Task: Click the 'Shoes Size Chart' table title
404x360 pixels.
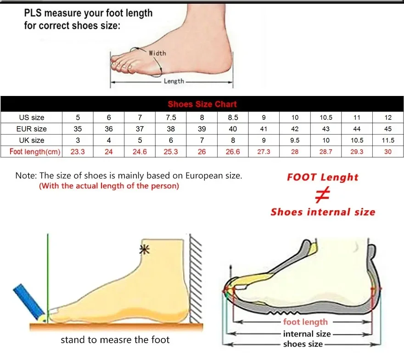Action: (x=202, y=104)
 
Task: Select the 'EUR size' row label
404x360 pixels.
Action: (x=31, y=129)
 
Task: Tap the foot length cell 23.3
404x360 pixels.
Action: (x=78, y=152)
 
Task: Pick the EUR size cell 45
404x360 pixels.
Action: (x=388, y=129)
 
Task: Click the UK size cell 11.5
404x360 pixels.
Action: (x=388, y=140)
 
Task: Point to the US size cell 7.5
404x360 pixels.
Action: (x=171, y=118)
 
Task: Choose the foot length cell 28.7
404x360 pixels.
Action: (x=326, y=152)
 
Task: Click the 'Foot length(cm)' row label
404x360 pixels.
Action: (x=35, y=152)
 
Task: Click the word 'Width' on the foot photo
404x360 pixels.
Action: (x=157, y=53)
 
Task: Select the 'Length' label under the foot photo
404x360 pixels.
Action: (x=174, y=81)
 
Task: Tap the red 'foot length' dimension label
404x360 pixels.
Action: (x=305, y=322)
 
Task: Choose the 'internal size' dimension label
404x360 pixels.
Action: (x=307, y=334)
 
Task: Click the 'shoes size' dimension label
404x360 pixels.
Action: (x=303, y=344)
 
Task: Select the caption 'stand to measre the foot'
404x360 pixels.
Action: (x=115, y=340)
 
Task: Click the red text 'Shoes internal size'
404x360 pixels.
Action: (x=323, y=212)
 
